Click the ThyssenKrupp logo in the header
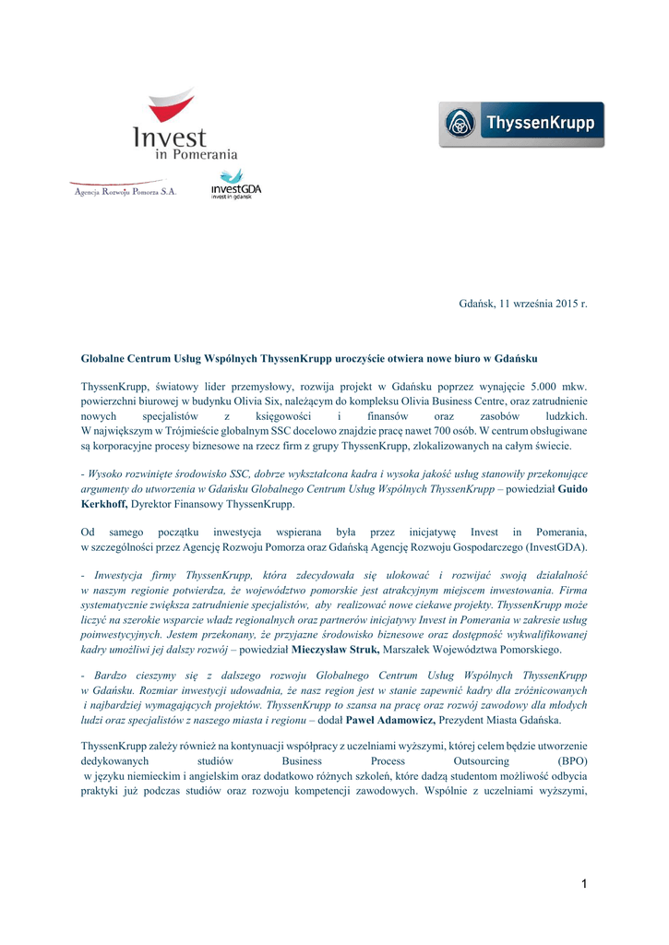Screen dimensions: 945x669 point(521,125)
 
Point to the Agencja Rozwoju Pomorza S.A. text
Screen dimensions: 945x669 point(124,192)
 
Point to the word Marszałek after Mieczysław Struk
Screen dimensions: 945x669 point(409,649)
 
